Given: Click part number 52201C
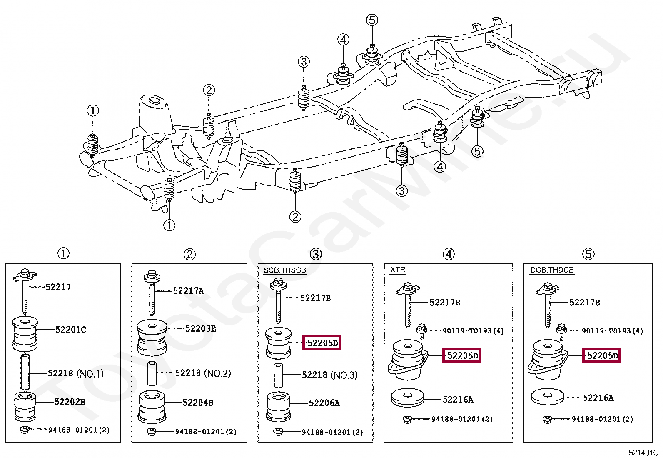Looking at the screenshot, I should click(70, 330).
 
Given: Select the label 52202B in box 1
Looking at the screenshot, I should click(70, 402).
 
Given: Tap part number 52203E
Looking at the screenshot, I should click(200, 329).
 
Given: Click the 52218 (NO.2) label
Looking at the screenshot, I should click(203, 373).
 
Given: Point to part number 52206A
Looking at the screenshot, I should click(324, 403).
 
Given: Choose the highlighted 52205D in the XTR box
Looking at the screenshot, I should click(461, 355).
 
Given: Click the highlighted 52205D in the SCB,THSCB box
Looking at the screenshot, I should click(322, 343).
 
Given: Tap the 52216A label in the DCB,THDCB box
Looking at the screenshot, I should click(598, 398).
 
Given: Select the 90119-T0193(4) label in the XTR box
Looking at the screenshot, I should click(473, 331).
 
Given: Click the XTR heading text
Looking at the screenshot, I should click(397, 270).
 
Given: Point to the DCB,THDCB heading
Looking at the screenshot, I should click(551, 270).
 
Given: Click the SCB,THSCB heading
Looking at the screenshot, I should click(284, 270).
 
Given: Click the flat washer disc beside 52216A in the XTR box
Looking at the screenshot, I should click(408, 398).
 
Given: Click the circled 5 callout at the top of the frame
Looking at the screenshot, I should click(371, 20).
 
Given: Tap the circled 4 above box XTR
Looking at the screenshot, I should click(448, 254).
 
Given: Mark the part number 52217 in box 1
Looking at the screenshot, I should click(58, 287).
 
